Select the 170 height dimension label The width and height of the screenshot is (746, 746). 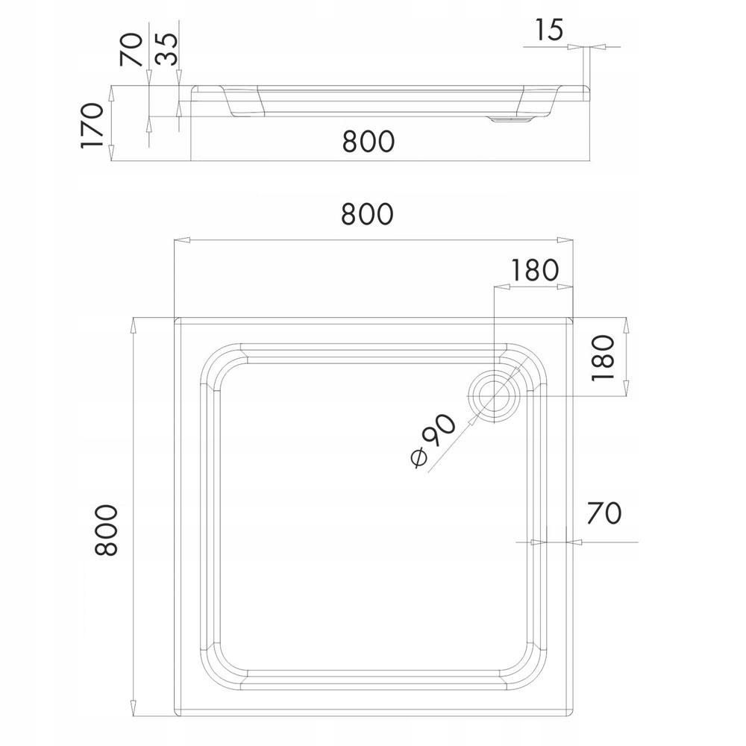(93, 124)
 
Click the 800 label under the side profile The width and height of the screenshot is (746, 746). (368, 141)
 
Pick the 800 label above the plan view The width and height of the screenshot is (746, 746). (367, 214)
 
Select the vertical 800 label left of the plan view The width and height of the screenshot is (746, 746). (107, 530)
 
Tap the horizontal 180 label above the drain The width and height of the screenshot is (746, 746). (534, 270)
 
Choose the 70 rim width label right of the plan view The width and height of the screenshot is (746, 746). (604, 513)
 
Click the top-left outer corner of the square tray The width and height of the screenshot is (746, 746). (175, 319)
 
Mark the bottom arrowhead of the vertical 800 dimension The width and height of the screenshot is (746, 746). (134, 712)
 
